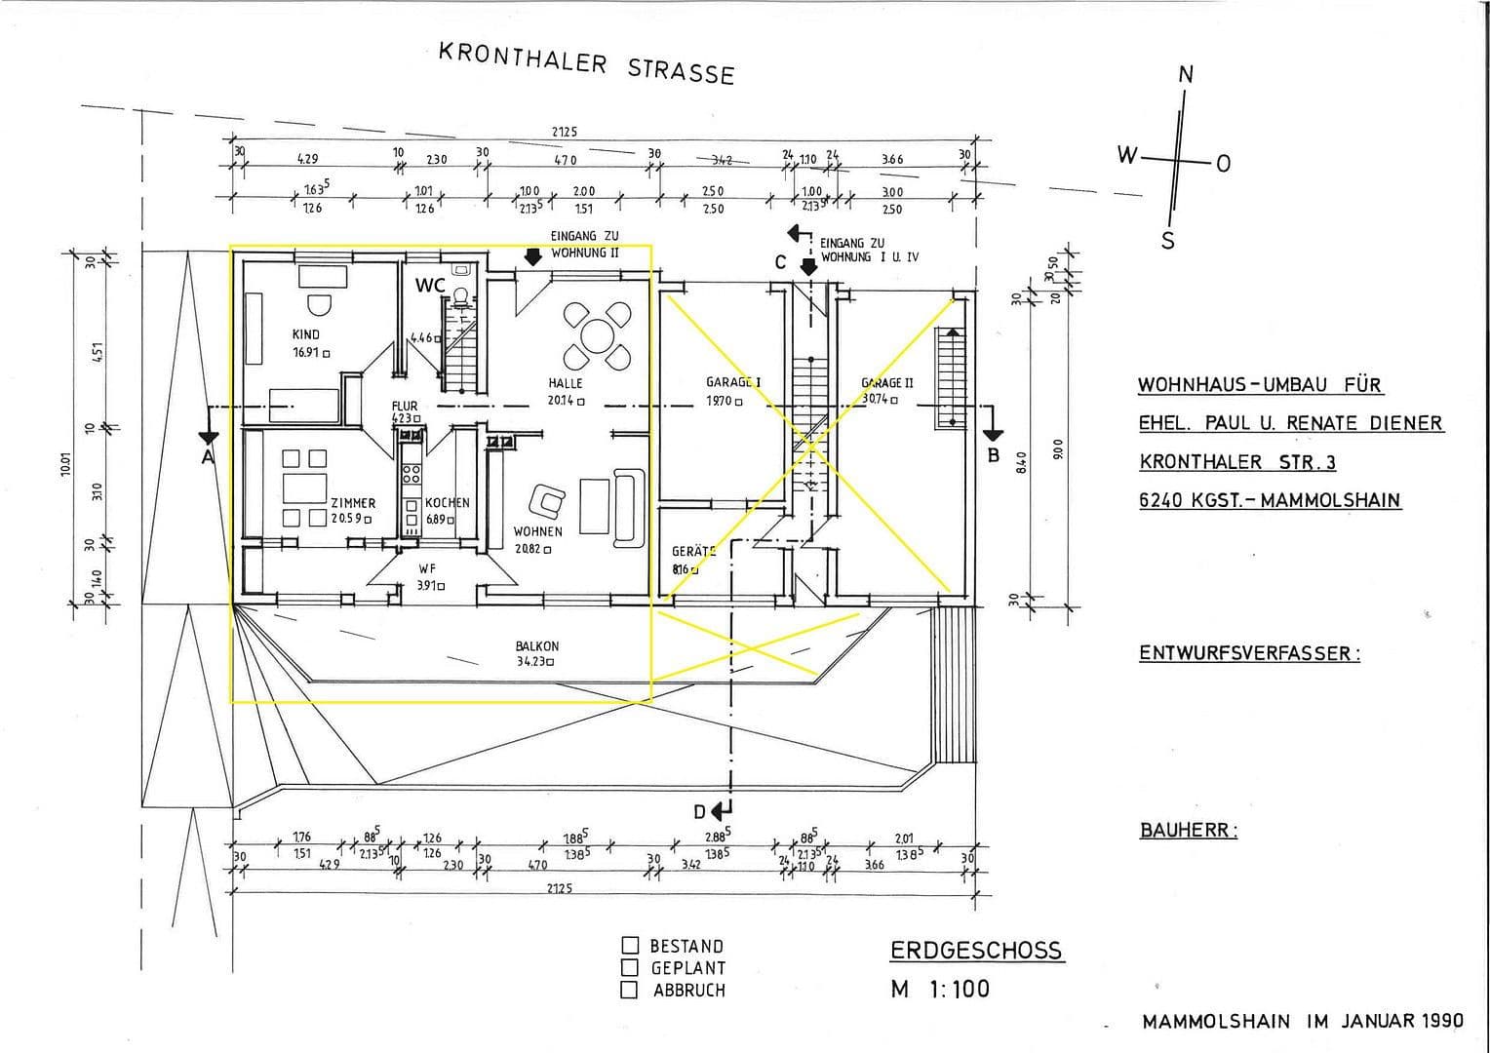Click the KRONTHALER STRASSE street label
click(586, 63)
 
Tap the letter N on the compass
click(1186, 75)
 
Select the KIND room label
click(305, 334)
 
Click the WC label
click(430, 286)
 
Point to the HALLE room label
click(565, 383)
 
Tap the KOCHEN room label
click(447, 503)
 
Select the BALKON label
click(537, 645)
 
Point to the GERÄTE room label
click(693, 551)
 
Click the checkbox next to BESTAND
click(630, 946)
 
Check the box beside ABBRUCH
click(630, 991)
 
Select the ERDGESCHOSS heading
click(976, 951)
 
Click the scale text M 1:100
click(940, 989)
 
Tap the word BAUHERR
click(1188, 831)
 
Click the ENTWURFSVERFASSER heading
click(1248, 653)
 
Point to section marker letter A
click(207, 456)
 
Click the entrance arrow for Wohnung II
click(531, 257)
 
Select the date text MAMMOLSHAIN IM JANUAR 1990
click(1303, 1021)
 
